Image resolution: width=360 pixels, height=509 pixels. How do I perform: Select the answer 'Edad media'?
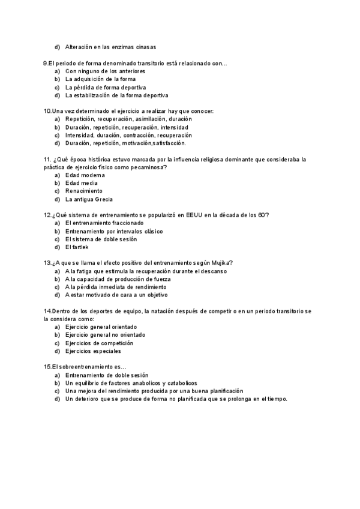click(82, 183)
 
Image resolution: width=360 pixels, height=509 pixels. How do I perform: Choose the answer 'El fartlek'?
click(78, 247)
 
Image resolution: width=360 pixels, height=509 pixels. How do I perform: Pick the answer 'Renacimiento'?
click(84, 191)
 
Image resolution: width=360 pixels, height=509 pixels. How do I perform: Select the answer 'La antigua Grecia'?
click(89, 199)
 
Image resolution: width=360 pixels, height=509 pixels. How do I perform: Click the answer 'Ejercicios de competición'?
click(100, 343)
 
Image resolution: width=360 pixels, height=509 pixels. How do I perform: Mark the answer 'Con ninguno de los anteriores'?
click(106, 71)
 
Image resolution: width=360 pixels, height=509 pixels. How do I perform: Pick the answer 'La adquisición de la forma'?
click(101, 79)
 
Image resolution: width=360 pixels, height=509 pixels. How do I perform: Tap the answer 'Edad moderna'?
click(85, 175)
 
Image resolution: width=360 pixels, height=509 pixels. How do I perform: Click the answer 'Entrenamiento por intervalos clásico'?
click(114, 231)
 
